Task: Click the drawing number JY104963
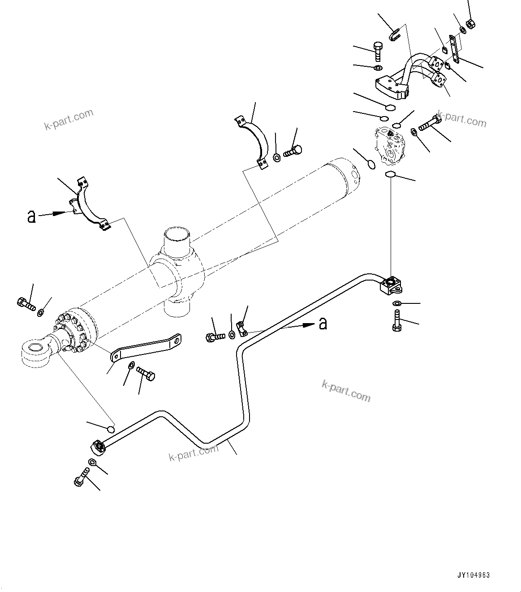[474, 575]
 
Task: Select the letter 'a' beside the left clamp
[31, 216]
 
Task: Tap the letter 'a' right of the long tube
[323, 323]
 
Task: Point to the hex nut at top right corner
[470, 25]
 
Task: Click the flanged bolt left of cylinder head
[26, 304]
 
